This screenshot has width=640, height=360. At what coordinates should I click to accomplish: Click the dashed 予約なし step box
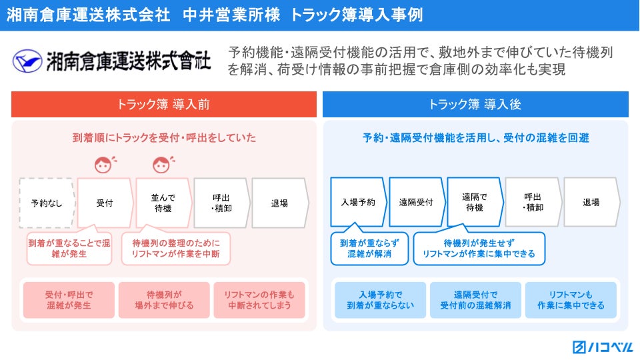(x=47, y=203)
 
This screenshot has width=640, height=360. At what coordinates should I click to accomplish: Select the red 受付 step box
(x=105, y=203)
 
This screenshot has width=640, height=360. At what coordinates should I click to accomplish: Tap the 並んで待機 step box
(x=163, y=203)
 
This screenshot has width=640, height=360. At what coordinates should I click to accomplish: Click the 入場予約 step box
(x=358, y=202)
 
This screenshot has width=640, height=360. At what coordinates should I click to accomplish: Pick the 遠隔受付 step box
(x=416, y=202)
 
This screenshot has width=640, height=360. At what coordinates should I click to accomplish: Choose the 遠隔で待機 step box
(x=475, y=202)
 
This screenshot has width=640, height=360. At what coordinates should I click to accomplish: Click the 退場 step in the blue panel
(x=591, y=202)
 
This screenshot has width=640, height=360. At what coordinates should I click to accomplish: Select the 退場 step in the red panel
(x=280, y=203)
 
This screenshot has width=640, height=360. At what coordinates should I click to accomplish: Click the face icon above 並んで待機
(x=161, y=165)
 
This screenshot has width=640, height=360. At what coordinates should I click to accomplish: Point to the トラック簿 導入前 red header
(x=164, y=105)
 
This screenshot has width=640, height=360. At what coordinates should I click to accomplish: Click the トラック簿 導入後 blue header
(x=475, y=105)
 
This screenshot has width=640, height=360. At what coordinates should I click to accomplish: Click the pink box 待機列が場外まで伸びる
(x=164, y=300)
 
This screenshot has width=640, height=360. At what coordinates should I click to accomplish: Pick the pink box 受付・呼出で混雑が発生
(x=69, y=300)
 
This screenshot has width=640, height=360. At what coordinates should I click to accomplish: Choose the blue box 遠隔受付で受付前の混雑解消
(x=475, y=300)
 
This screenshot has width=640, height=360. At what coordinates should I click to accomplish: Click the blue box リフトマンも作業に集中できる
(x=571, y=300)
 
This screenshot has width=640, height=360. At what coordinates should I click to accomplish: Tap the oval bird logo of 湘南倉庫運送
(x=27, y=61)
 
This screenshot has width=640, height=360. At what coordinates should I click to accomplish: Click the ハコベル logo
(x=603, y=347)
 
